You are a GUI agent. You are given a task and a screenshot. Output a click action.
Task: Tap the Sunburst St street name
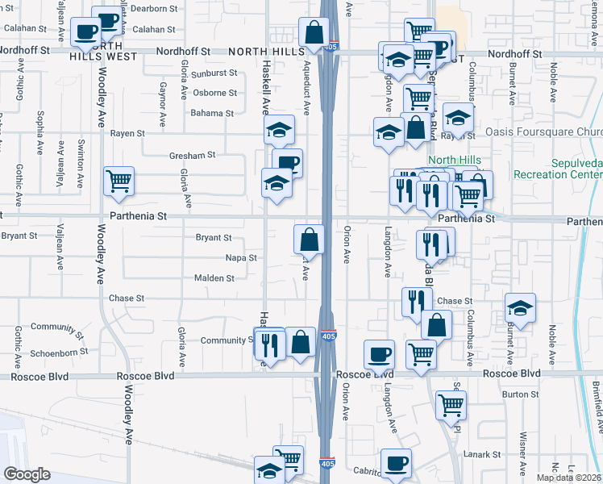214,72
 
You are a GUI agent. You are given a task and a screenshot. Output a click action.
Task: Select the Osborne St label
214,92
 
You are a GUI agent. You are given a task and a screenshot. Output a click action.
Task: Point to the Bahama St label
212,113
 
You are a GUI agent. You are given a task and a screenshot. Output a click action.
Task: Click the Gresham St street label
193,155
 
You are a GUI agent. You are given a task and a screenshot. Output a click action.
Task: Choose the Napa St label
241,258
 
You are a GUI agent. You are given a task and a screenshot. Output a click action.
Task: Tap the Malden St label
214,278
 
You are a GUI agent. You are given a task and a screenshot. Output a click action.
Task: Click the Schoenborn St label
60,353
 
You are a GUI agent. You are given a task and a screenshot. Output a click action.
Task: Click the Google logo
27,474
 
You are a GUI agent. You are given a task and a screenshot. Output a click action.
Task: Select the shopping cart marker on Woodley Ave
119,181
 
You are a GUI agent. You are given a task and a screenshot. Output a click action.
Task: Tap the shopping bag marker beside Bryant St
309,240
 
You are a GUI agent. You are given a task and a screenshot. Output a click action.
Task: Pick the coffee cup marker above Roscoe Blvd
379,354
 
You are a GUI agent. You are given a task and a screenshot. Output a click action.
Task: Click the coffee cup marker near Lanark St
396,464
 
